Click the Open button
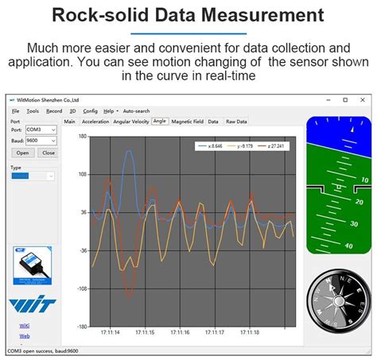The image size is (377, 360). (22, 153)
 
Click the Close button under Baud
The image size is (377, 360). (48, 153)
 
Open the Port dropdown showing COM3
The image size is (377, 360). (41, 130)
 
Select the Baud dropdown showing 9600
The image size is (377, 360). (41, 141)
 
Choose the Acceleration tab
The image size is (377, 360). (95, 122)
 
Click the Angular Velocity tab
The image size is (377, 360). (131, 122)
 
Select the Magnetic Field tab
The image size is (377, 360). (188, 122)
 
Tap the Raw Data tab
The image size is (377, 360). (236, 122)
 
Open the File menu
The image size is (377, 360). (15, 111)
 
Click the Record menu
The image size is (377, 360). (54, 111)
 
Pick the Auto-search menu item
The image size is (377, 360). (136, 111)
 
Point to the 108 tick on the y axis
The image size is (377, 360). (82, 174)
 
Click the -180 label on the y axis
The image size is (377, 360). (81, 327)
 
